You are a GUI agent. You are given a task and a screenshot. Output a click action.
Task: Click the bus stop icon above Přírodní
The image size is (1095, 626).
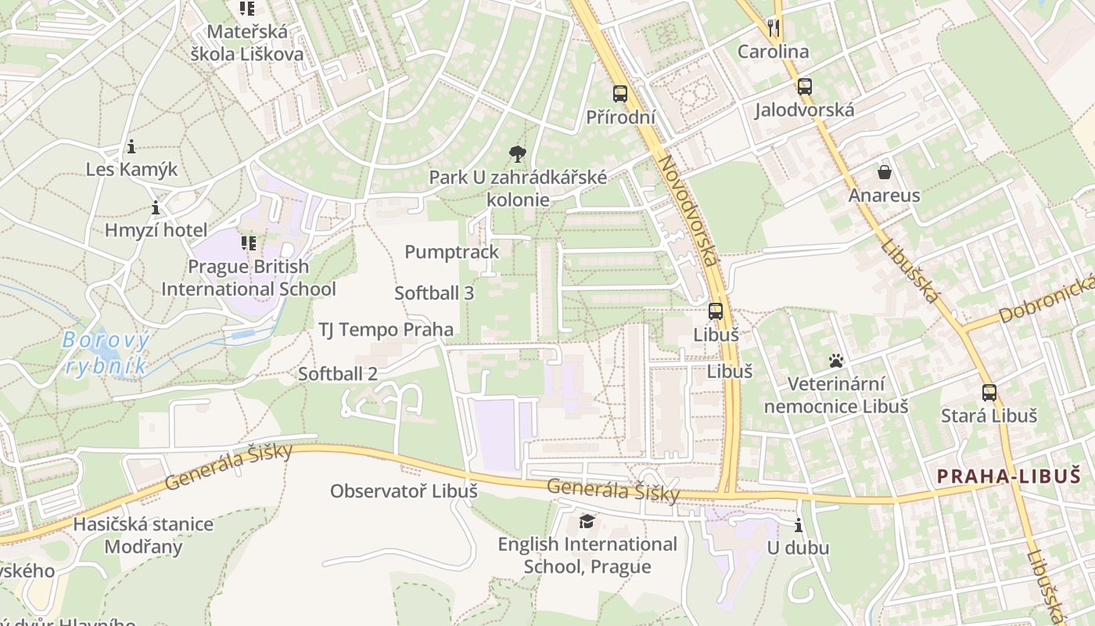click(620, 94)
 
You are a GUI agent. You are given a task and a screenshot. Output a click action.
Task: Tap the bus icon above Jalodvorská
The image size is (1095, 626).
click(804, 87)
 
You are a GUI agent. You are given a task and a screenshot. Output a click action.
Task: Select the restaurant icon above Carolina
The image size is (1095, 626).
click(774, 29)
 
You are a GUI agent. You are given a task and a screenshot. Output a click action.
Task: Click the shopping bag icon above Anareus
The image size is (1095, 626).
click(885, 172)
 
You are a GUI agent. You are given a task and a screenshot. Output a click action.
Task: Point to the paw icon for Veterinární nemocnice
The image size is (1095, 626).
click(836, 362)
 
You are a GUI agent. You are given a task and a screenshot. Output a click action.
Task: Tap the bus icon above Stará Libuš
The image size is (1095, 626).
click(989, 393)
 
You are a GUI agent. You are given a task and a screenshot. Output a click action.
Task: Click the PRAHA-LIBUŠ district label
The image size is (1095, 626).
click(1014, 476)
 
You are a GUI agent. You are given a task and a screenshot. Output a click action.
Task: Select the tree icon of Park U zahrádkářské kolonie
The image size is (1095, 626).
click(517, 153)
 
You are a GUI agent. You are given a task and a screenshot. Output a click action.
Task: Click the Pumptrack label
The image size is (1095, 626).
click(451, 252)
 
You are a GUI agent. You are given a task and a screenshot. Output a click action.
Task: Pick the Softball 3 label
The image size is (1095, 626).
click(434, 293)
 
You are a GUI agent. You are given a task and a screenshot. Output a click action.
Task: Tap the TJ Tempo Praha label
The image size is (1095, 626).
click(386, 329)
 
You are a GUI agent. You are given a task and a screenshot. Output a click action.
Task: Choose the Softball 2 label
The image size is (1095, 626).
click(338, 374)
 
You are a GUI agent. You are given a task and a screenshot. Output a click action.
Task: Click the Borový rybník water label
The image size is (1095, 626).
click(106, 353)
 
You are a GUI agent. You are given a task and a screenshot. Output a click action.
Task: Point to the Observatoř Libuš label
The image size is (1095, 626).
click(404, 491)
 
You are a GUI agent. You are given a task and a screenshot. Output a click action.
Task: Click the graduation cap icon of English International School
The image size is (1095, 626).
click(587, 521)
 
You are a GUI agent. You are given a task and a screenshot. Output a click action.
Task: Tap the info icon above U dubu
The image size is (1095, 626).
click(798, 525)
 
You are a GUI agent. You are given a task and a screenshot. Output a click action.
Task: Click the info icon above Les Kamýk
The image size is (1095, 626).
click(131, 146)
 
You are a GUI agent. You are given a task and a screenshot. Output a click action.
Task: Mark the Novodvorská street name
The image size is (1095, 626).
click(688, 211)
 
